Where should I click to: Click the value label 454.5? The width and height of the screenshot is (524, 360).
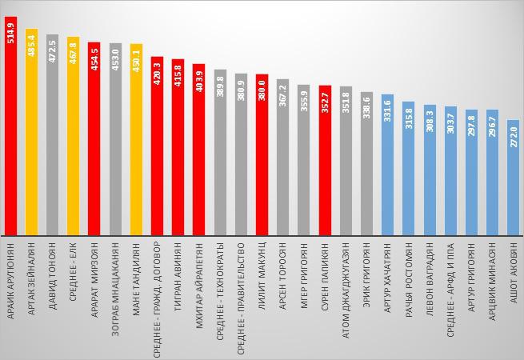pyautogui.click(x=94, y=60)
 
